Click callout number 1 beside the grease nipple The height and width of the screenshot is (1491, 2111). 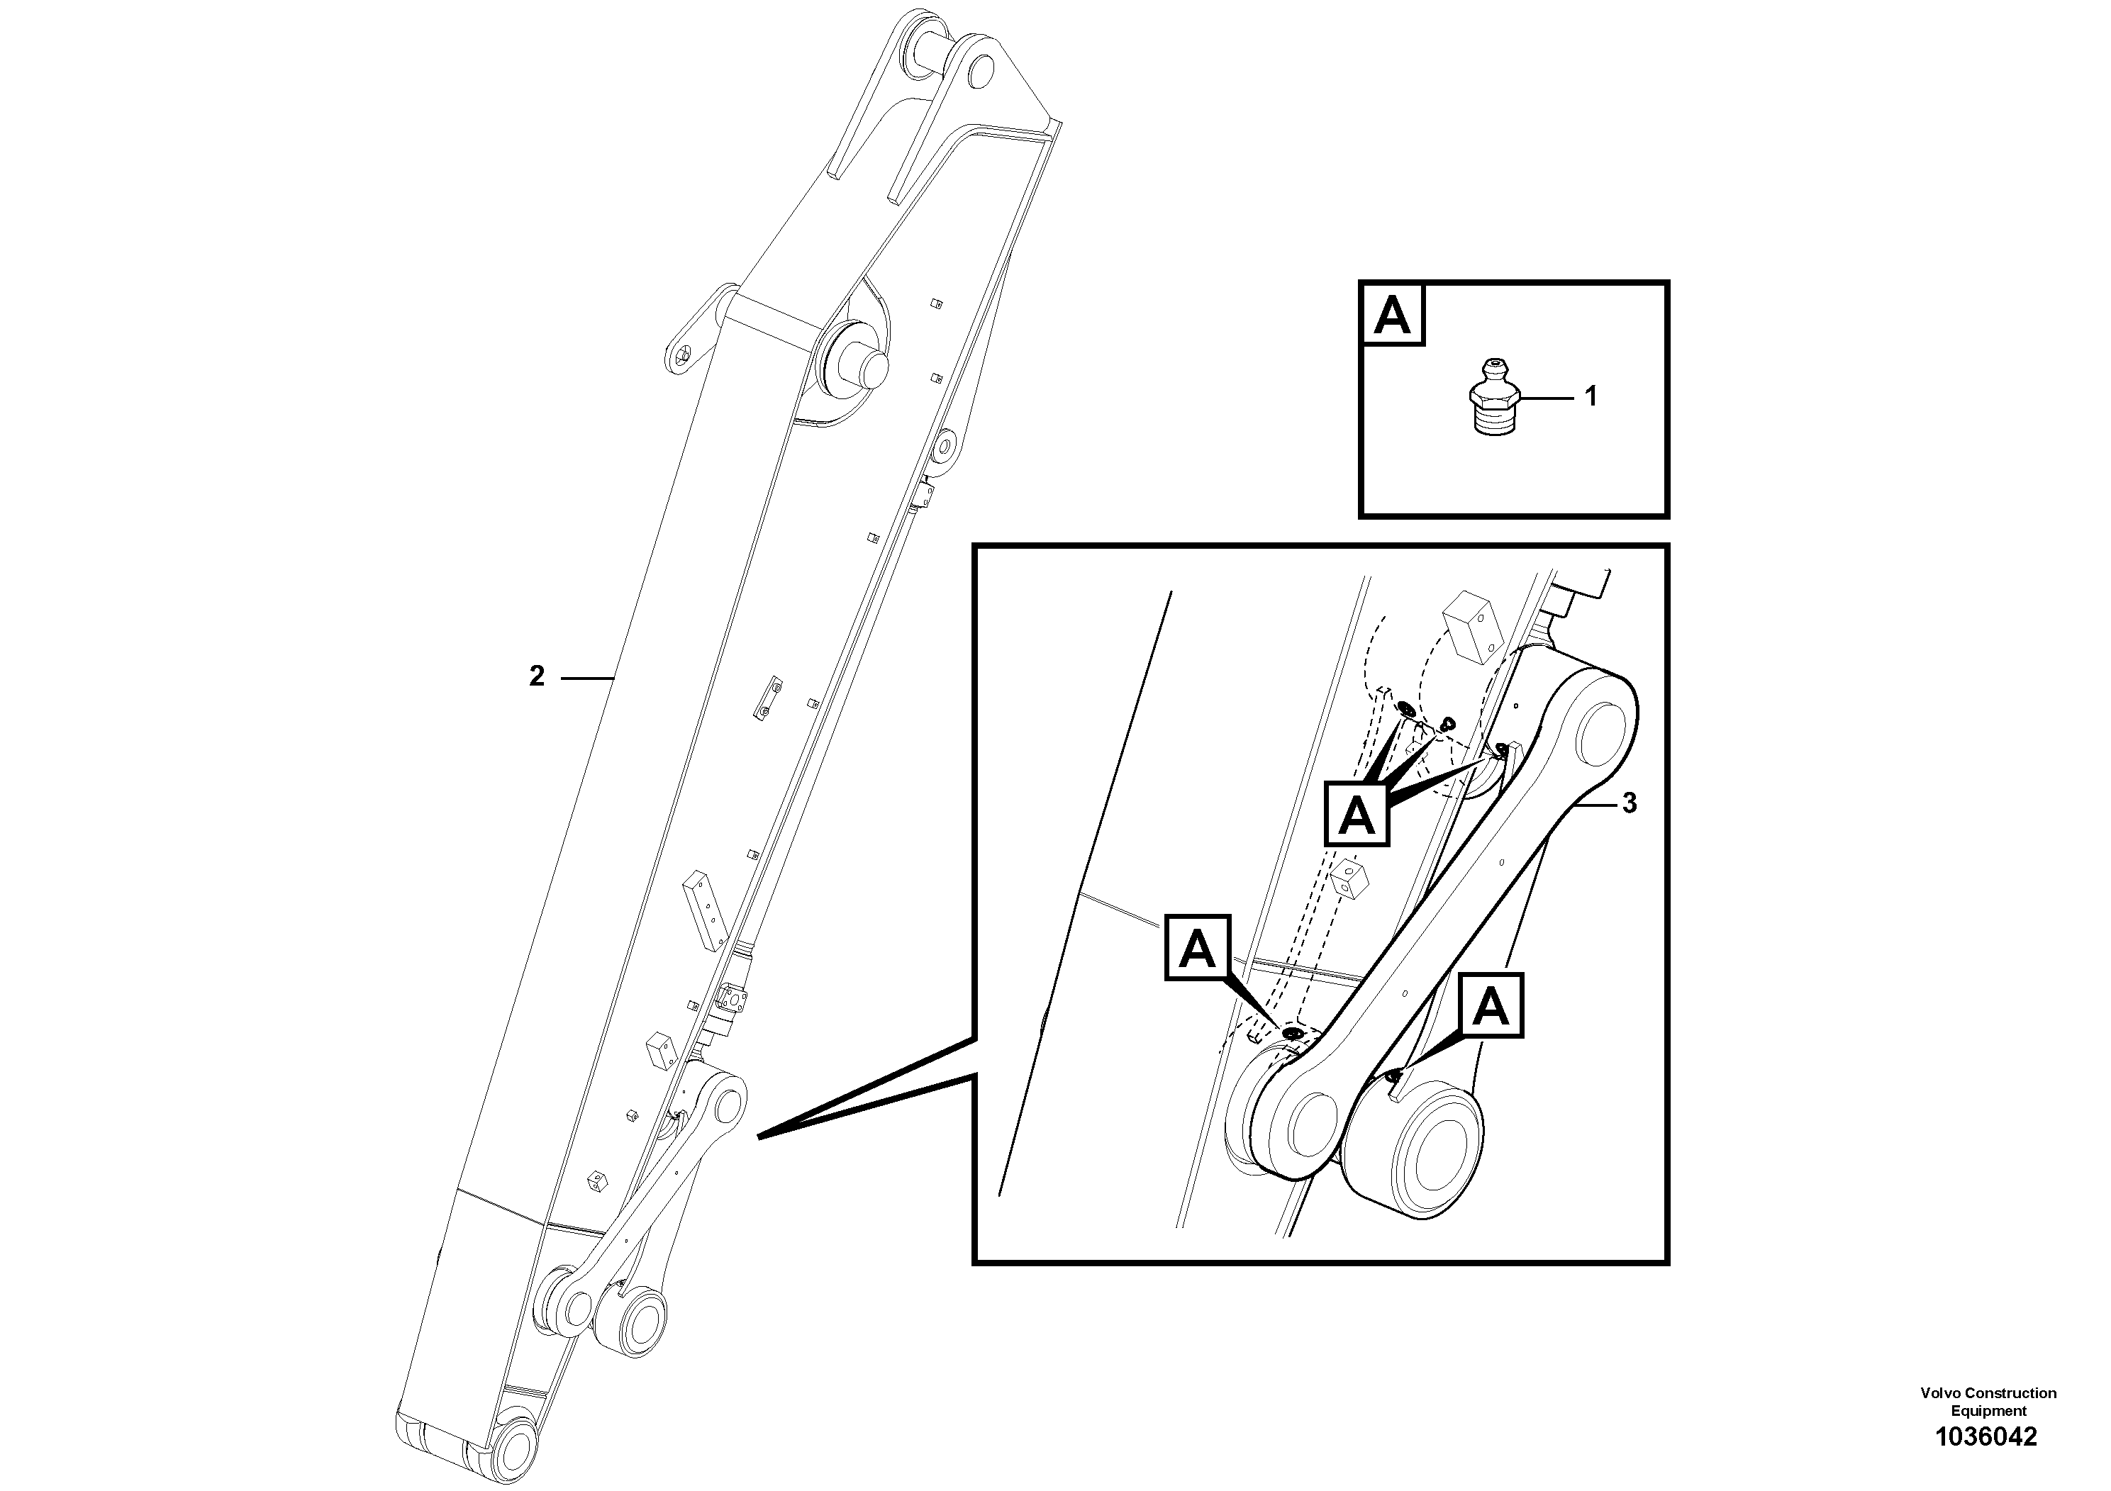(x=1591, y=397)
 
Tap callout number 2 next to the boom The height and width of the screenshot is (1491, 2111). (x=537, y=676)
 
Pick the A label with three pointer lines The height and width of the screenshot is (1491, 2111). (x=1356, y=813)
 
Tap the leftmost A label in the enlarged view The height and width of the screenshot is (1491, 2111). (x=1197, y=948)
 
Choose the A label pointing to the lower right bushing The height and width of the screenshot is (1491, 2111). (x=1489, y=1007)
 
